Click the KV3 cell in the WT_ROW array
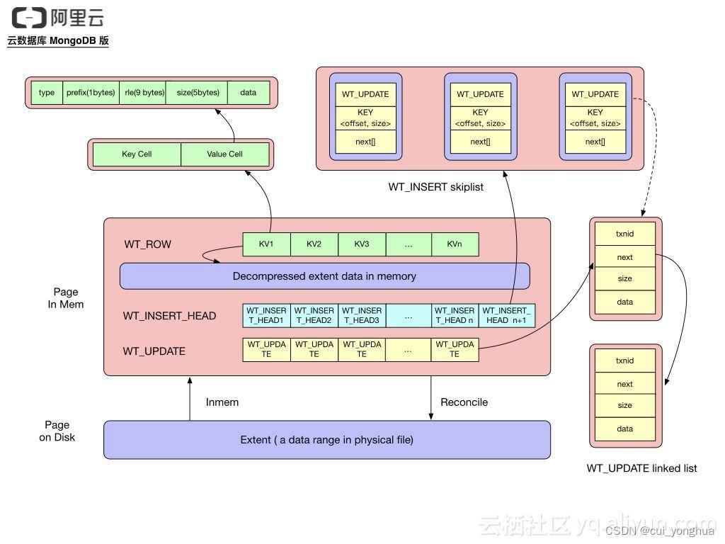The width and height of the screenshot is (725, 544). [x=362, y=244]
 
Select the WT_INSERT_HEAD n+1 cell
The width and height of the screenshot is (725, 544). [x=507, y=315]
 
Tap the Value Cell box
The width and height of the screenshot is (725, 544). [x=225, y=154]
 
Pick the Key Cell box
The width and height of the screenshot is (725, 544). [x=137, y=154]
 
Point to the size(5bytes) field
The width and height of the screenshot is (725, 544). [x=198, y=93]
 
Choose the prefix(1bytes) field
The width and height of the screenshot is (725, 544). [x=91, y=93]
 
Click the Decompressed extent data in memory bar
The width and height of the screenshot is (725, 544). [x=324, y=276]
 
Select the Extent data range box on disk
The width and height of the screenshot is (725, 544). [x=326, y=440]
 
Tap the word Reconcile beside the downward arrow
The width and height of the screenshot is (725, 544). [x=464, y=402]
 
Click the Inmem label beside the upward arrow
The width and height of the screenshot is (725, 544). [x=222, y=402]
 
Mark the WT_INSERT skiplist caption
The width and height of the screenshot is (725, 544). [x=435, y=188]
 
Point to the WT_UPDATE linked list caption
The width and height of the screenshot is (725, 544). [x=641, y=468]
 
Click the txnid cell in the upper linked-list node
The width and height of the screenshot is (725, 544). [x=624, y=233]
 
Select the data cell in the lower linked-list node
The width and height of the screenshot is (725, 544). [x=624, y=429]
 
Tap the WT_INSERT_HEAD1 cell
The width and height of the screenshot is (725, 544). [x=266, y=315]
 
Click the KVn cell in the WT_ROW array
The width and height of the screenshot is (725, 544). [x=455, y=244]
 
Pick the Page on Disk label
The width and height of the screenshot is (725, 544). [x=57, y=431]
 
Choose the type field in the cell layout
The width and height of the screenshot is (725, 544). [x=47, y=93]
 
